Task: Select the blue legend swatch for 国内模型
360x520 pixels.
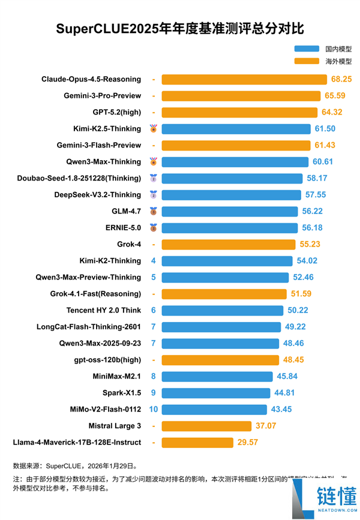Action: tap(307, 49)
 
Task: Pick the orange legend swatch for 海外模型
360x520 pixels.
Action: tap(307, 61)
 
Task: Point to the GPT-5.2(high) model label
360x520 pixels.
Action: tap(117, 112)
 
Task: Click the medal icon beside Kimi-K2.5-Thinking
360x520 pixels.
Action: tap(154, 128)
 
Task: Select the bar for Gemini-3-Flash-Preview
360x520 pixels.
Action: tap(236, 145)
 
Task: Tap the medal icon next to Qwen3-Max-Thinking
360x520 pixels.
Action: tap(154, 161)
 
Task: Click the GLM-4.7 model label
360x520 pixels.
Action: tap(127, 211)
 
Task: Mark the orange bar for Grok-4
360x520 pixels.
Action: tap(229, 244)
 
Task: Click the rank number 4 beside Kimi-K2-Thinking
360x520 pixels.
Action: tap(154, 261)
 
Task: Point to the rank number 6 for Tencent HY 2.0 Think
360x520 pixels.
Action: tap(154, 310)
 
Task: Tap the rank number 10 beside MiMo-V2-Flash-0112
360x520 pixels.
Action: tap(154, 409)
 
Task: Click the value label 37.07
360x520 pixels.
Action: tap(265, 426)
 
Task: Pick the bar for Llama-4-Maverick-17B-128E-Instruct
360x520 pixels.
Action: tap(197, 443)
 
